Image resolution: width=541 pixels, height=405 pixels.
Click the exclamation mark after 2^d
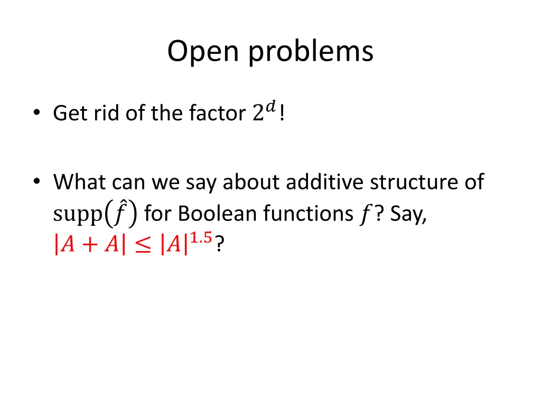(283, 113)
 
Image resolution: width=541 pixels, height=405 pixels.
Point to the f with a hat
(120, 213)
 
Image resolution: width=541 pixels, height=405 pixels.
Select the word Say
(408, 214)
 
